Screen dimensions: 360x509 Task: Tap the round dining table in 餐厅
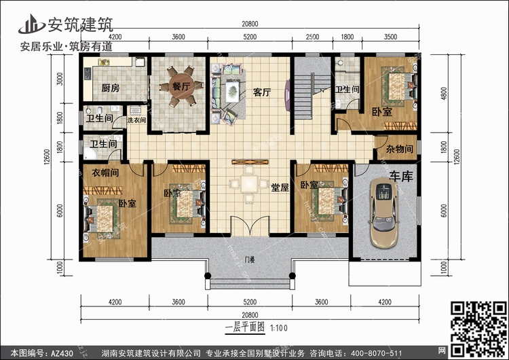click(x=180, y=87)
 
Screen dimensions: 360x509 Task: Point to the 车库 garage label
click(x=399, y=176)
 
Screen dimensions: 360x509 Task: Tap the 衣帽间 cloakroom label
click(x=105, y=173)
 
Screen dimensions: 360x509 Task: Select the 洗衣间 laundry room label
click(x=136, y=120)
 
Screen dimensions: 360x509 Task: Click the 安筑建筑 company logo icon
click(x=31, y=22)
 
